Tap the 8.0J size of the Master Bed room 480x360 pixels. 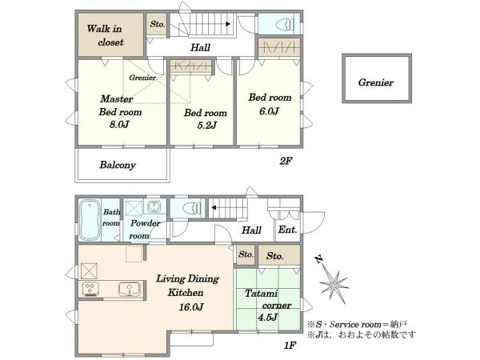pos(119,125)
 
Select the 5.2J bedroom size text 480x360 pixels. pos(207,126)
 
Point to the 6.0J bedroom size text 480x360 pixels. pos(269,111)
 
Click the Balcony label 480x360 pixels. pos(118,165)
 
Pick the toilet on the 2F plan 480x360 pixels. pos(285,24)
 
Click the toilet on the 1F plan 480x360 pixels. pos(191,209)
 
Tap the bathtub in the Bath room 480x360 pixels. pos(90,220)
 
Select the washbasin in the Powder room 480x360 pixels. pos(154,207)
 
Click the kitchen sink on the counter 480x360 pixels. pos(130,289)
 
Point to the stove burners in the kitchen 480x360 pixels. pos(90,289)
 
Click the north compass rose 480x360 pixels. pos(333,283)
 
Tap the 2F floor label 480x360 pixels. pos(286,161)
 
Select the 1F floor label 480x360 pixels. pos(290,346)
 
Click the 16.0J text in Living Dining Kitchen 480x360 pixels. pos(191,306)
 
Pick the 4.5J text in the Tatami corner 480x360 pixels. pos(267,318)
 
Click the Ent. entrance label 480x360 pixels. pos(287,230)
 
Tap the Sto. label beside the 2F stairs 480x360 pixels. pos(158,24)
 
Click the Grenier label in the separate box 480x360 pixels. pos(376,82)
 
